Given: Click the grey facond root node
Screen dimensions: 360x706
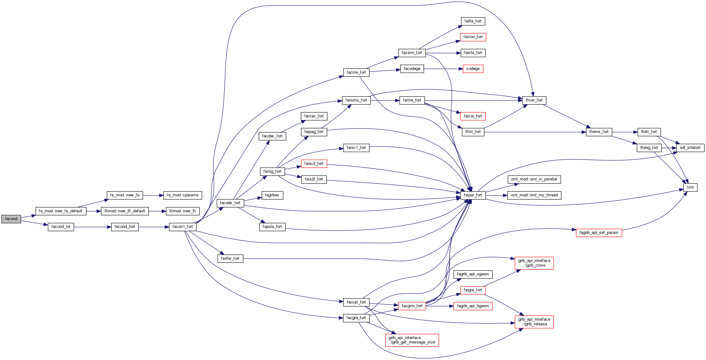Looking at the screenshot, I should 11,219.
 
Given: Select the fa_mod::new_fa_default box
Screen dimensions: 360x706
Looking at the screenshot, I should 61,211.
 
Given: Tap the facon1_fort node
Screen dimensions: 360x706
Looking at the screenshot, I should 183,227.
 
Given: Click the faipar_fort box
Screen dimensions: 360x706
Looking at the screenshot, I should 473,195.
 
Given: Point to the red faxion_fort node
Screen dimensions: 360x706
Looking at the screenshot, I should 473,37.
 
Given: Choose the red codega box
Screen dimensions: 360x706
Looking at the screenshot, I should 473,69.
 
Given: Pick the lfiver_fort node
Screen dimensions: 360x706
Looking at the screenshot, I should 534,100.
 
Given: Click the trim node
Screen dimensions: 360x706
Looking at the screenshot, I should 690,187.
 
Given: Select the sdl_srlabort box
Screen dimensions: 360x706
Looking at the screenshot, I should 690,148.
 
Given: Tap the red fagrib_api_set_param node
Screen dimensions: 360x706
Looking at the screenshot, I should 599,233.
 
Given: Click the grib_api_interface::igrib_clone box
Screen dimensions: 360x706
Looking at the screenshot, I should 534,263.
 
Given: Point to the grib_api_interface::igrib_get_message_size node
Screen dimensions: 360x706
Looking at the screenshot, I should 412,340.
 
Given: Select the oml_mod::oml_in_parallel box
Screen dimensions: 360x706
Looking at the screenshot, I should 534,179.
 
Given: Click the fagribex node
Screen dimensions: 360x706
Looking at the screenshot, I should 272,195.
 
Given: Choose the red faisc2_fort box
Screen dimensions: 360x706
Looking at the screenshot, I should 314,164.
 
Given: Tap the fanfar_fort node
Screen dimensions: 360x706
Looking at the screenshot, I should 230,259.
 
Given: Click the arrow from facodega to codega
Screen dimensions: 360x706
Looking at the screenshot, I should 443,69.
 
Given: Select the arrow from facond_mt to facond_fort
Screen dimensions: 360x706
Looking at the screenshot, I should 92,227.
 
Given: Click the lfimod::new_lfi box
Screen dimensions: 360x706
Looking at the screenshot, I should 182,211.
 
